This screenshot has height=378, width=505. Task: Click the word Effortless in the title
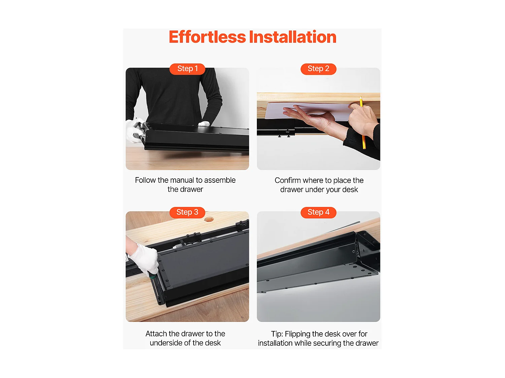pos(207,37)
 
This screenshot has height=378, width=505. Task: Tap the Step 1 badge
pos(187,69)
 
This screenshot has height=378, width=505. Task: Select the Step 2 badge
pos(318,69)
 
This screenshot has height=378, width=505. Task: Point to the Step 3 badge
pos(187,213)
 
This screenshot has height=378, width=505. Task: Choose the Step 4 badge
pos(318,213)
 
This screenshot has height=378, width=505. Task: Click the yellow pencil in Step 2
pos(363,123)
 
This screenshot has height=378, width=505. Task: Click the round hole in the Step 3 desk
pos(209,219)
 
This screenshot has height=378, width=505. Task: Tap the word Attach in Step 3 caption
pos(156,334)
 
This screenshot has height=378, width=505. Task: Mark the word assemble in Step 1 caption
pos(220,180)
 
